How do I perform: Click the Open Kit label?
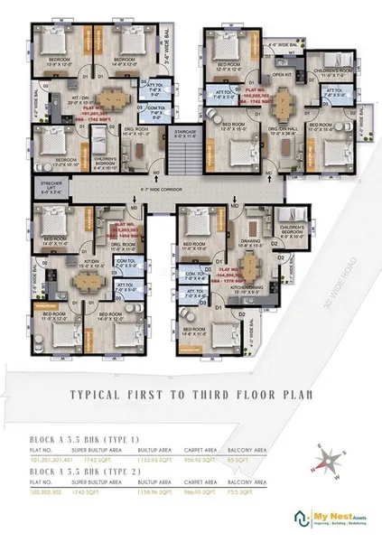click(282, 75)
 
